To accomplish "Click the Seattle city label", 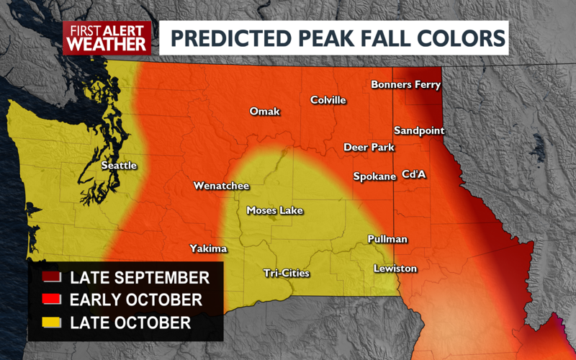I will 119,166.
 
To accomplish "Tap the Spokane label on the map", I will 374,176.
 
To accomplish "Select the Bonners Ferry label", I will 405,85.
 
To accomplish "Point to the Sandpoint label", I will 419,131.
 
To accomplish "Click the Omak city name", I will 264,112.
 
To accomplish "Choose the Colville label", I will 328,100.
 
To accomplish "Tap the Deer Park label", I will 369,148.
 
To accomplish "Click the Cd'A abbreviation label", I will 414,174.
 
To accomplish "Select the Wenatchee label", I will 221,186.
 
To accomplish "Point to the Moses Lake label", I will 274,211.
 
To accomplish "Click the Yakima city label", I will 208,249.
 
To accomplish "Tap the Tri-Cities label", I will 285,273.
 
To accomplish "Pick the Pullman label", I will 387,239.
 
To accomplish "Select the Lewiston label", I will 395,269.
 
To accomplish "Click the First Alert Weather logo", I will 107,37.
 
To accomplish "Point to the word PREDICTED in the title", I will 222,37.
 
